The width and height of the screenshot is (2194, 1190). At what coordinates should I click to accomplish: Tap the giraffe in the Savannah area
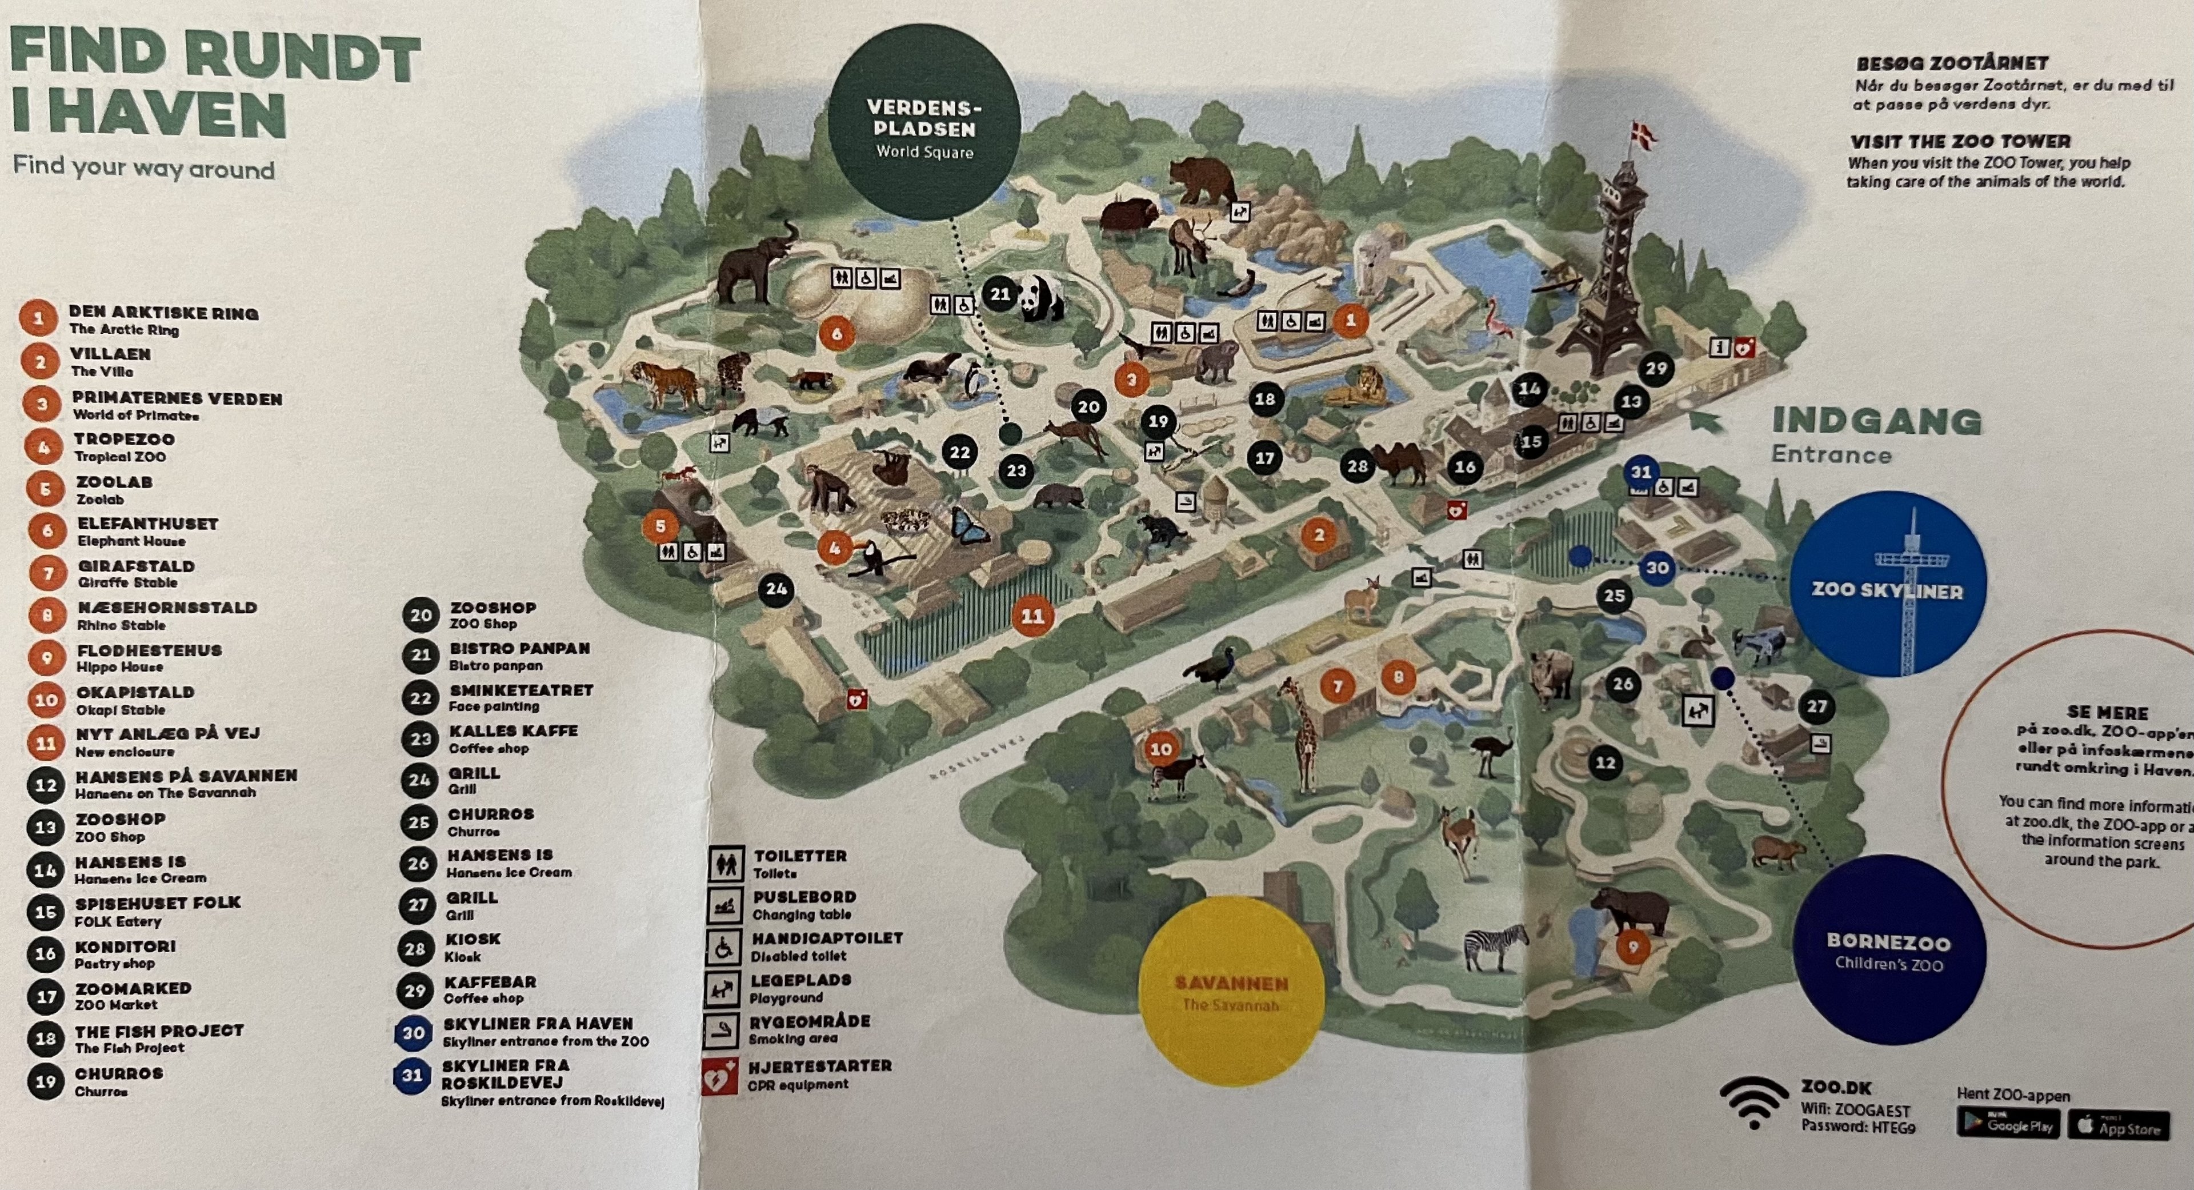click(x=1303, y=733)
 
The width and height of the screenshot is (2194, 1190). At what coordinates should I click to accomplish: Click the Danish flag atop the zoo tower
click(x=1642, y=136)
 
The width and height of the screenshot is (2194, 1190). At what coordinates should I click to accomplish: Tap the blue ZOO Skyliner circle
click(x=1888, y=584)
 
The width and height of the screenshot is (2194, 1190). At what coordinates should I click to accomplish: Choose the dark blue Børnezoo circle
click(x=1888, y=951)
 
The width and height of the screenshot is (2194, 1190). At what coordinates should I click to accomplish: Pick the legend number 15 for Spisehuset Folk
click(x=45, y=912)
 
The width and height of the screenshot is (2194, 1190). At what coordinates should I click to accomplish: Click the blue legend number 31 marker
click(x=412, y=1075)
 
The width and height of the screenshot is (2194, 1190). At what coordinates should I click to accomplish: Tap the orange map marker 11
click(x=1032, y=616)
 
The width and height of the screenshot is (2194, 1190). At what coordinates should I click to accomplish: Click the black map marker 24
click(x=776, y=589)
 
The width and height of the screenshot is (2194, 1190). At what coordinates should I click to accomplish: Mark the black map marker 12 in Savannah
click(x=1604, y=762)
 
